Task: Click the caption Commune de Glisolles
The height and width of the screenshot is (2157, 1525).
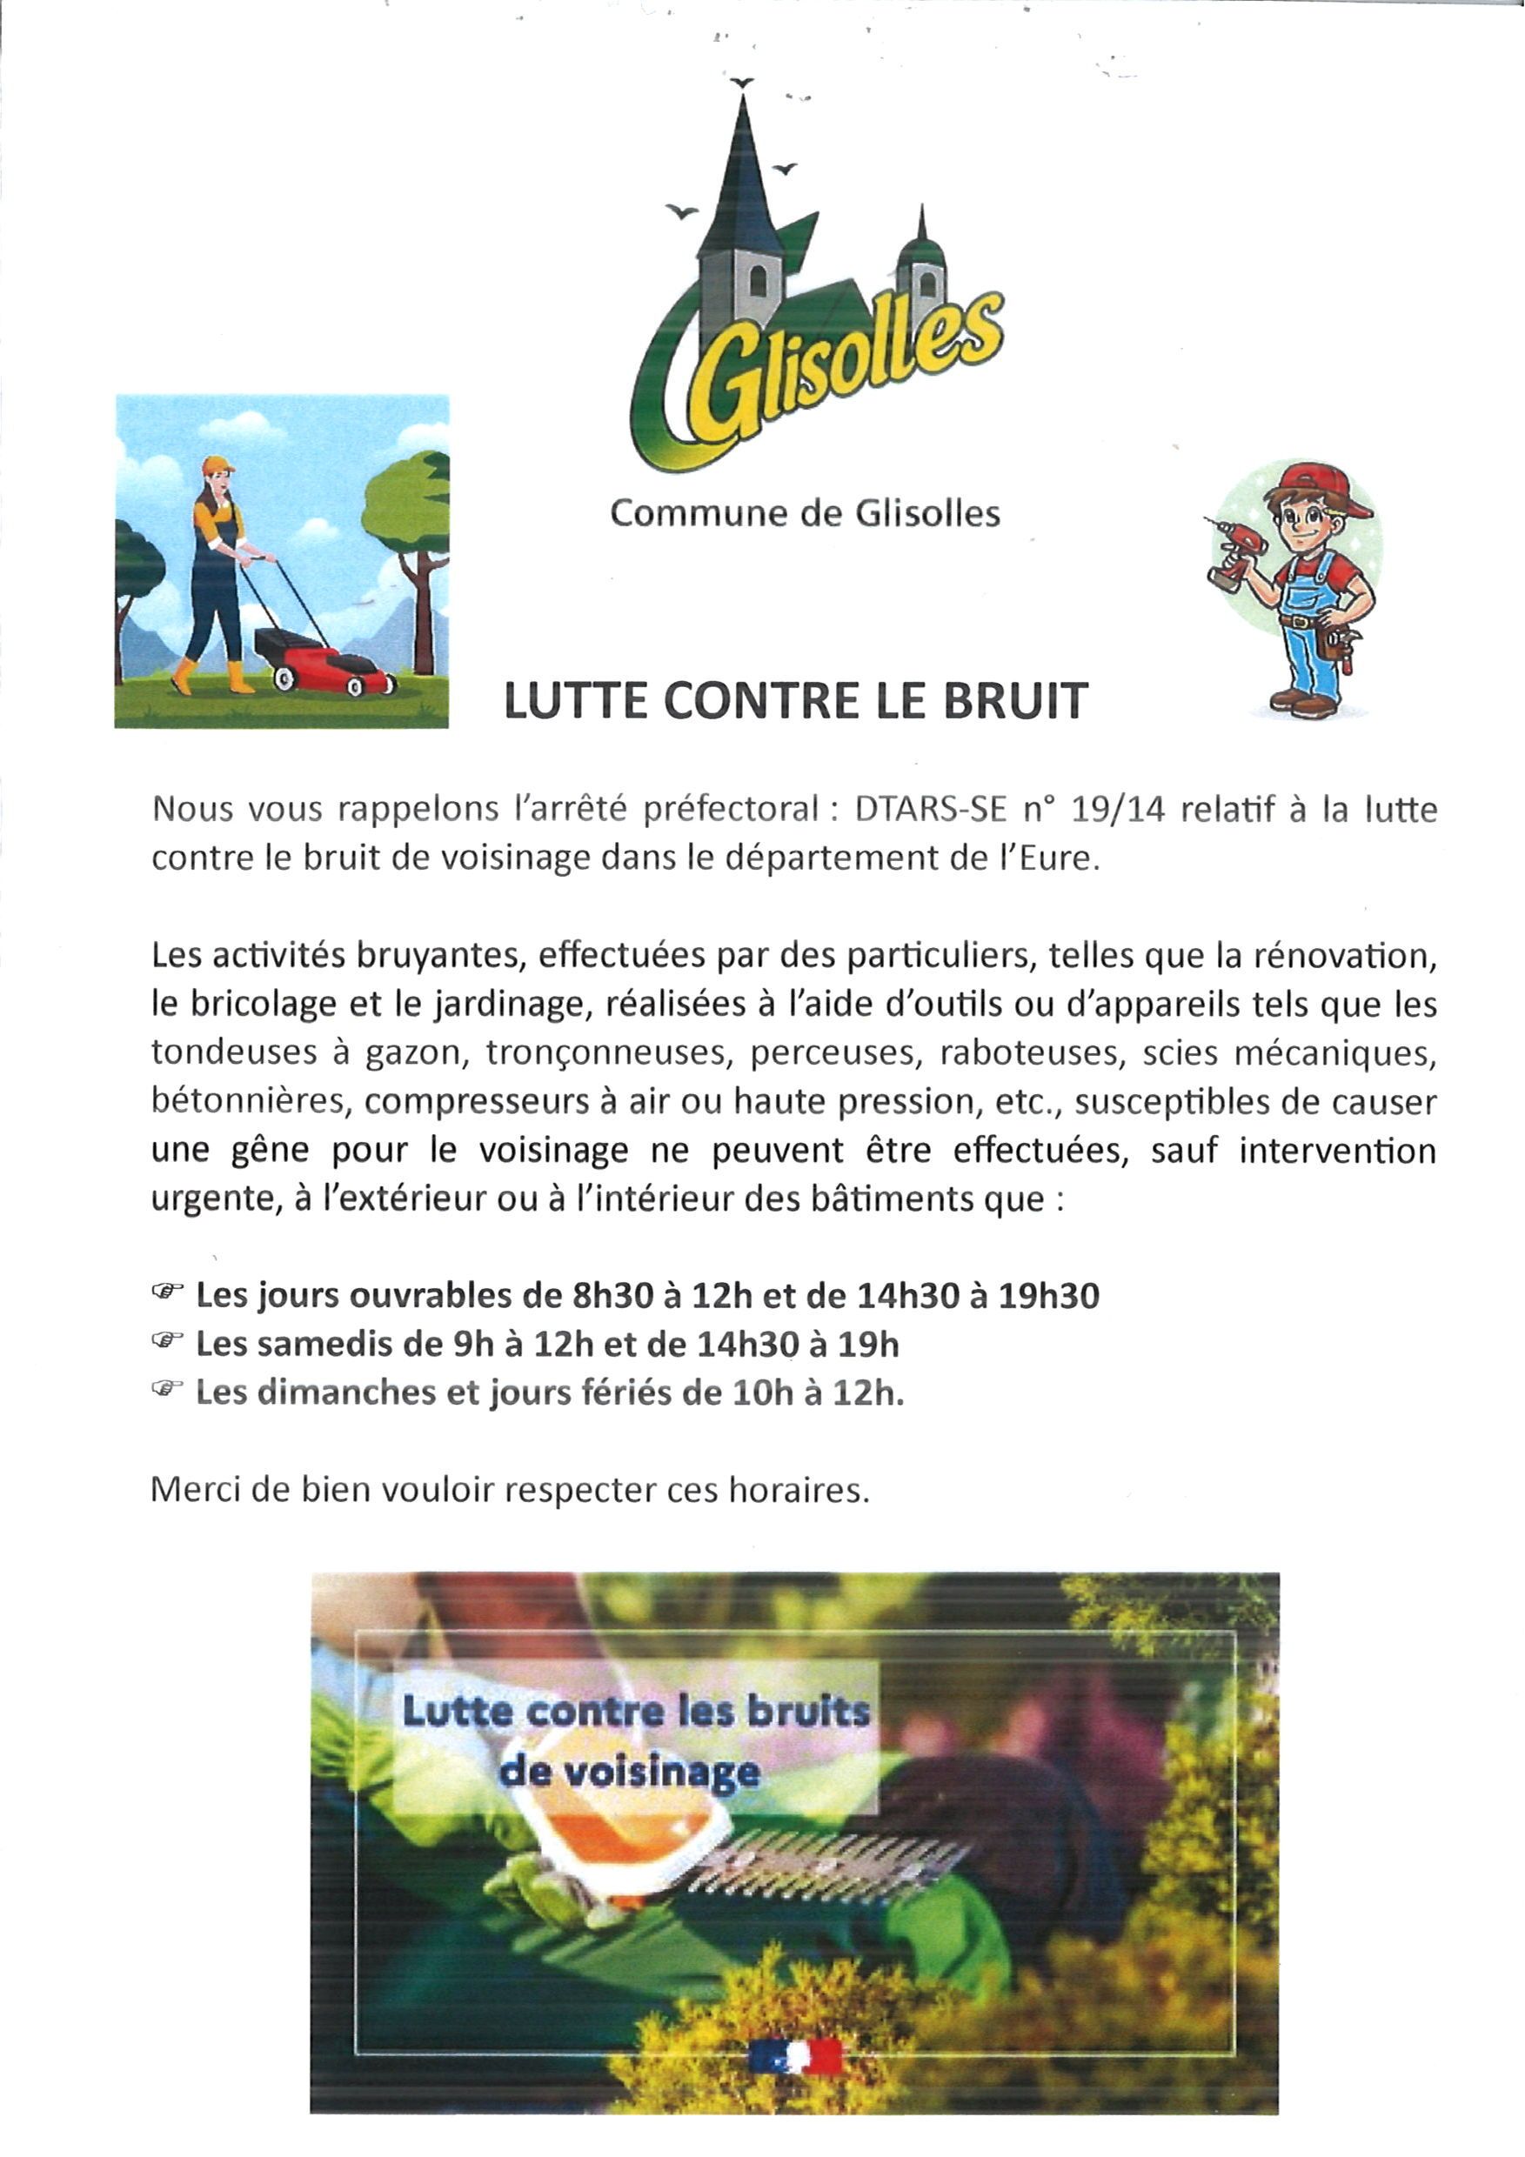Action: (806, 514)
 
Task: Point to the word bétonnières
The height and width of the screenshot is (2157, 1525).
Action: (249, 1101)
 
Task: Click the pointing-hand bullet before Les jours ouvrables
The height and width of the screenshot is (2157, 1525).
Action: (165, 1292)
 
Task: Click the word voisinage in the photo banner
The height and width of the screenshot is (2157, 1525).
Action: (629, 1773)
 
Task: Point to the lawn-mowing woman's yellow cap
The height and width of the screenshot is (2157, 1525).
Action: (218, 465)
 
